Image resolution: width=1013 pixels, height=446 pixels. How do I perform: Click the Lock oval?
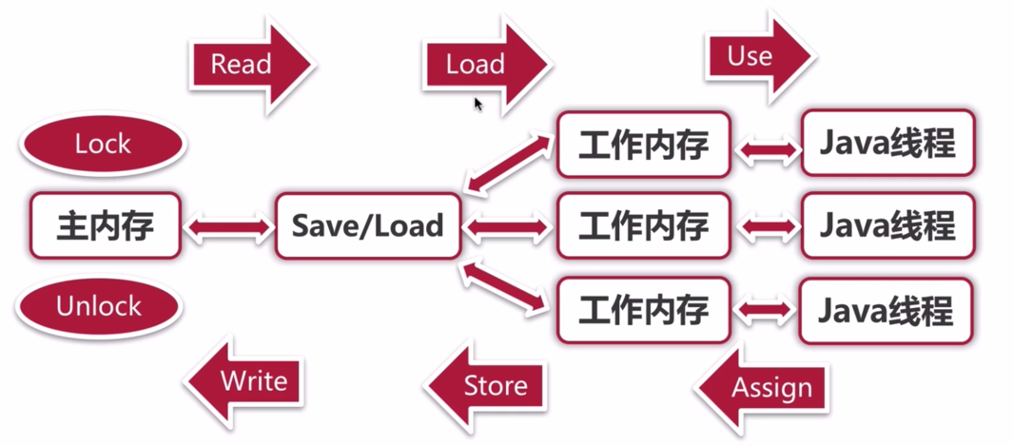pos(103,145)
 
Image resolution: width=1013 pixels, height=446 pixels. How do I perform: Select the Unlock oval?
pos(99,306)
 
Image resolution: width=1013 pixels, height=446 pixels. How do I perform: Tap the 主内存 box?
pos(105,226)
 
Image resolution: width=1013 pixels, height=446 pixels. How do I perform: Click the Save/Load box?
pos(367,226)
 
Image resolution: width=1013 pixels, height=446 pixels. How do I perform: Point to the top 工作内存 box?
pos(644,145)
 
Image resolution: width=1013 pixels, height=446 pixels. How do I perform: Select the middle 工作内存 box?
pos(644,226)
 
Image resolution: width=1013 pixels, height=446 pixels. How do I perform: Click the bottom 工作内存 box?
pos(644,310)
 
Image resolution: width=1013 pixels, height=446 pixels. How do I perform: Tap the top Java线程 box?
pos(887,145)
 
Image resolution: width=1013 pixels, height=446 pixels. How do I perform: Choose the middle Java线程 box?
pos(887,226)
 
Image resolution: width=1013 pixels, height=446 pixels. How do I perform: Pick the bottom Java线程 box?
pos(887,310)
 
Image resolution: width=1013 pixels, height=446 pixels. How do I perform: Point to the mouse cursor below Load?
pos(478,104)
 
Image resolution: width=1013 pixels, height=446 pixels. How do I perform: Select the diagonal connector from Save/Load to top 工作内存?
pos(507,164)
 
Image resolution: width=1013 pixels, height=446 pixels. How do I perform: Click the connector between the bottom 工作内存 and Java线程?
pos(766,310)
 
